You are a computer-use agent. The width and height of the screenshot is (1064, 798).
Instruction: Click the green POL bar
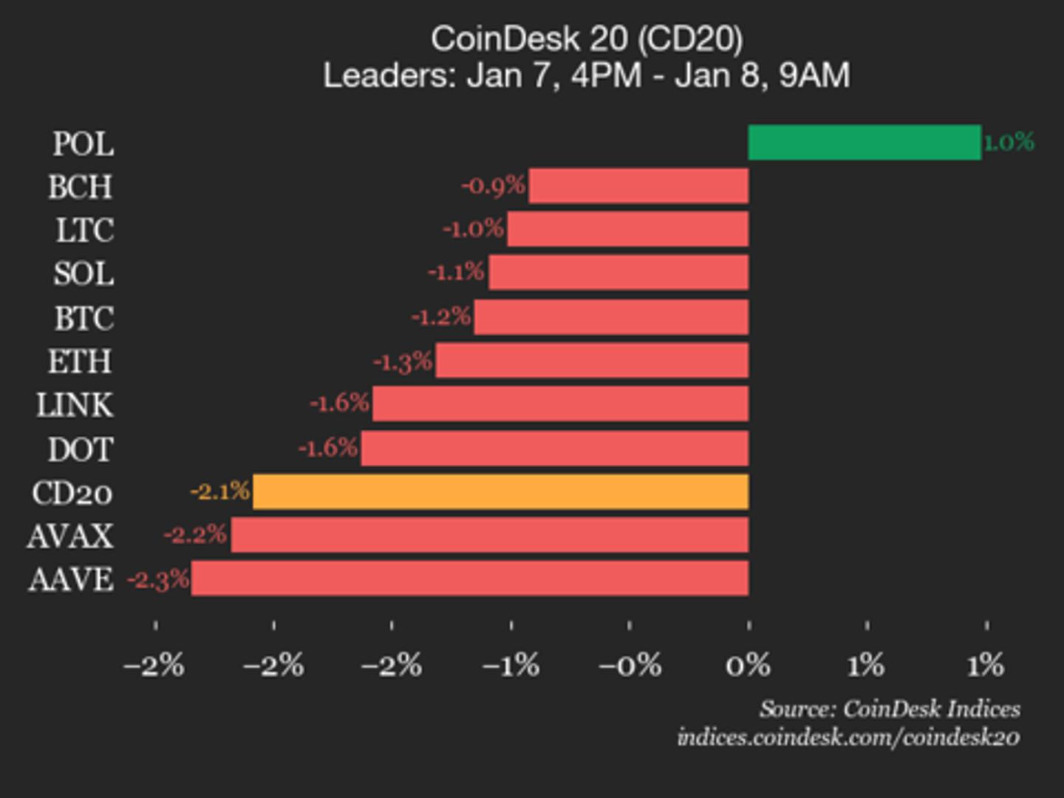point(864,142)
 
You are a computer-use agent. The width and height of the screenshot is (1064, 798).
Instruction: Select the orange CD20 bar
point(501,492)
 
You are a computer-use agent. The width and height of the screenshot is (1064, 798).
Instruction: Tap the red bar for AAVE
point(470,579)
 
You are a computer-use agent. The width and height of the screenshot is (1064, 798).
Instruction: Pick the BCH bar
point(639,185)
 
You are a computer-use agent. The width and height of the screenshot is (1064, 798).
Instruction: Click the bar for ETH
point(592,361)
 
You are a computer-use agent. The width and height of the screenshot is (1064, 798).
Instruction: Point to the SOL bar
point(618,273)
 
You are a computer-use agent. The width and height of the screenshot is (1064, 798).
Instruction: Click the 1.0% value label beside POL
point(1009,142)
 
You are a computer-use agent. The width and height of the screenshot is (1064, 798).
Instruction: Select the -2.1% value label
point(220,491)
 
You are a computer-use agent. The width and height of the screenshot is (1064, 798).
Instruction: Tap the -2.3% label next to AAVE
point(158,580)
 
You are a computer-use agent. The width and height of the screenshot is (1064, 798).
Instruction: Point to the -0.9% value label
point(494,185)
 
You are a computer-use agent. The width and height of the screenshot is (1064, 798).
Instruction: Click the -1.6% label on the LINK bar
point(339,403)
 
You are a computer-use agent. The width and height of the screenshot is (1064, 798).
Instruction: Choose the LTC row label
point(85,230)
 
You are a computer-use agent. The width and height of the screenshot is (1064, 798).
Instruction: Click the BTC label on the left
point(84,318)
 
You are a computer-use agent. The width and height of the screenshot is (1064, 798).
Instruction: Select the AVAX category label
point(70,536)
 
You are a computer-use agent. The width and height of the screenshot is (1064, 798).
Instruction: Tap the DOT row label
point(81,449)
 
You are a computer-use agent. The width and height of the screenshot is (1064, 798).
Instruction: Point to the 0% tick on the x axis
point(748,666)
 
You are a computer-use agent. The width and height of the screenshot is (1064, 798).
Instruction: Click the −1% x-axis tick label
point(511,666)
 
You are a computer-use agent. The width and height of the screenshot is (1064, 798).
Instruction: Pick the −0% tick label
point(630,666)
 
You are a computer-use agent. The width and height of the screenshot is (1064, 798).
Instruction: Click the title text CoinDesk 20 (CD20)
point(587,38)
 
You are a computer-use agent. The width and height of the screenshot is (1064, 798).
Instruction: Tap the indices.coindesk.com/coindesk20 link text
point(848,737)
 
